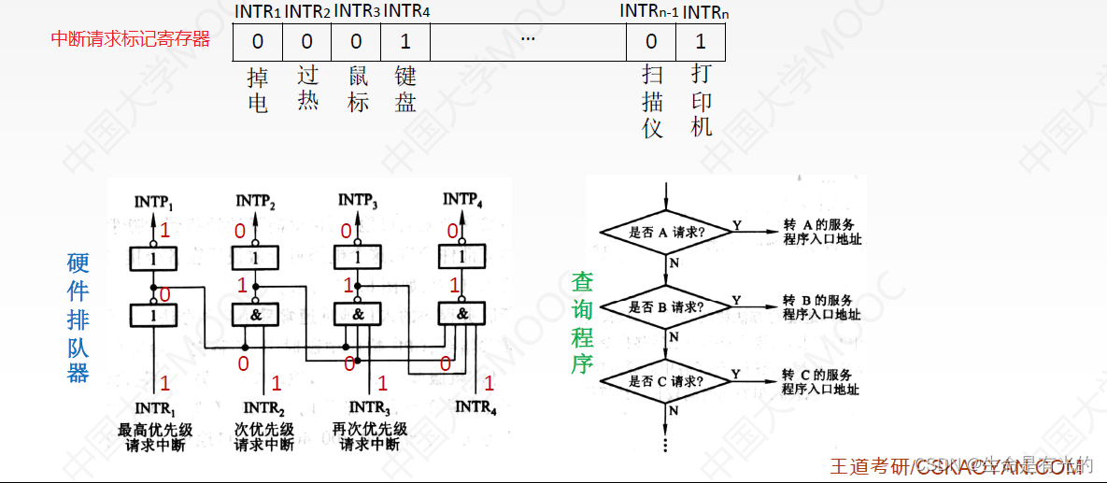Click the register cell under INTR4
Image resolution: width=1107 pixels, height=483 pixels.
pyautogui.click(x=405, y=42)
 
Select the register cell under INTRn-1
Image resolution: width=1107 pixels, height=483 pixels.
pyautogui.click(x=651, y=42)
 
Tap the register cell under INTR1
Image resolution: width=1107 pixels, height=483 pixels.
pyautogui.click(x=258, y=42)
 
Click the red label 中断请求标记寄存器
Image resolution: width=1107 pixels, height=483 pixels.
pyautogui.click(x=130, y=39)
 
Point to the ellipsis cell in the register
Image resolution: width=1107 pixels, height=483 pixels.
pyautogui.click(x=528, y=42)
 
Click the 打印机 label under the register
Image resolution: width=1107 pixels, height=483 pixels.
pyautogui.click(x=702, y=101)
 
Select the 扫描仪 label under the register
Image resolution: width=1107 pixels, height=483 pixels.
pyautogui.click(x=652, y=102)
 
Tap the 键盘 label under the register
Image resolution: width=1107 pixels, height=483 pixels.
pyautogui.click(x=405, y=90)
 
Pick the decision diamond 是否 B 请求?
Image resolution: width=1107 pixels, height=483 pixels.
pyautogui.click(x=665, y=306)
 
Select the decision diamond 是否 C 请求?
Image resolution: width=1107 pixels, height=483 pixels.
pyautogui.click(x=665, y=381)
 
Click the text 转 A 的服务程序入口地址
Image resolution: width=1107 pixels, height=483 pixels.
pyautogui.click(x=821, y=233)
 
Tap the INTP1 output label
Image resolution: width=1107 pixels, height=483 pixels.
pyautogui.click(x=154, y=201)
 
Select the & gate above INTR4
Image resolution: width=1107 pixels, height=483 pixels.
pyautogui.click(x=461, y=316)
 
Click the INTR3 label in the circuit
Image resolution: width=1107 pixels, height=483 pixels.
pyautogui.click(x=368, y=408)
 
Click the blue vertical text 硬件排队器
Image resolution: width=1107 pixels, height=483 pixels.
pyautogui.click(x=78, y=318)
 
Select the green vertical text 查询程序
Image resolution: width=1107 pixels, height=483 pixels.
pyautogui.click(x=582, y=322)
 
